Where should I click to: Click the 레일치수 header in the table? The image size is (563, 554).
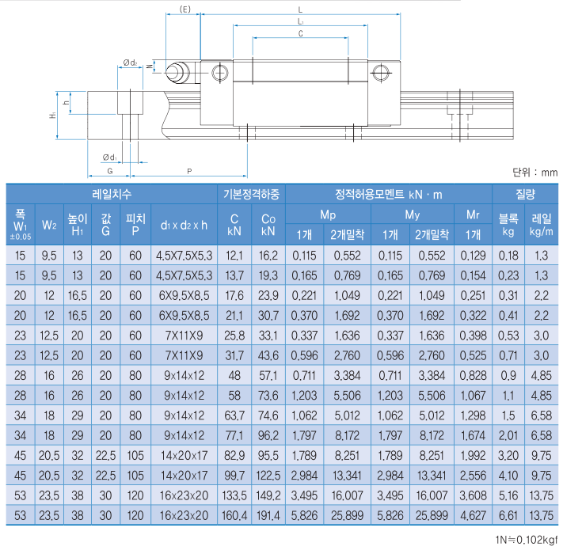[x=112, y=194]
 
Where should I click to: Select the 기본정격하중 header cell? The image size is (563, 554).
[x=251, y=194]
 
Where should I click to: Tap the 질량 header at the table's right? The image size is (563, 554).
[x=525, y=194]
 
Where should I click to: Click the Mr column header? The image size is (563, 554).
[x=474, y=214]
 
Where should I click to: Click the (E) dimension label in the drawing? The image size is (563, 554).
[x=183, y=9]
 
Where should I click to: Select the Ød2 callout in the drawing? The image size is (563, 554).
[x=131, y=63]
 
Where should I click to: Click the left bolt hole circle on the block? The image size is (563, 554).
[x=219, y=72]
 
